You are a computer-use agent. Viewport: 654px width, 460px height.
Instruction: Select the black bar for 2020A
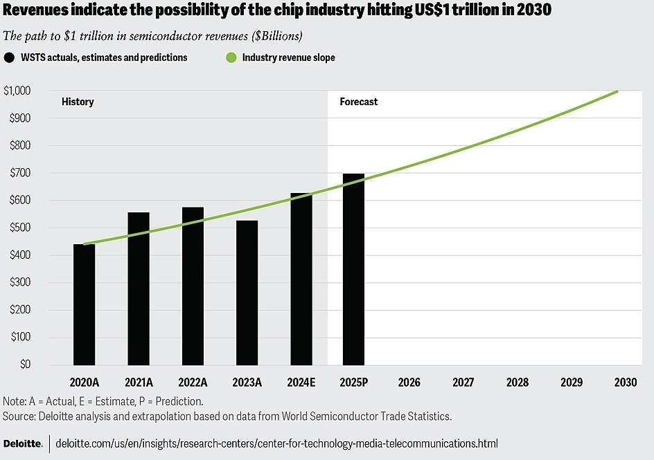[x=84, y=304]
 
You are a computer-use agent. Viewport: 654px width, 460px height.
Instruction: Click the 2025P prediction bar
[x=353, y=270]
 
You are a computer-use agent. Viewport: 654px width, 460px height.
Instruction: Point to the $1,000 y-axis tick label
[x=18, y=91]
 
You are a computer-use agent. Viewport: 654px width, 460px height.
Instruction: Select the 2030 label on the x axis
[x=626, y=382]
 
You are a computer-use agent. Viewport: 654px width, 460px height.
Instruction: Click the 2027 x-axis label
[x=463, y=382]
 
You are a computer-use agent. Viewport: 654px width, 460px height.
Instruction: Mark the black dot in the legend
[x=10, y=58]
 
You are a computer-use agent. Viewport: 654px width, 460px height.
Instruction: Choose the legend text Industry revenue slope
[x=288, y=58]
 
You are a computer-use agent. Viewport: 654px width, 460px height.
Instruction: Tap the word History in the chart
[x=78, y=102]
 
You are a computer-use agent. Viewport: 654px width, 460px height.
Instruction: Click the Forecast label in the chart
[x=359, y=102]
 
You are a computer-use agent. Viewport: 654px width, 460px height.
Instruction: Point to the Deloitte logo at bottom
[x=23, y=443]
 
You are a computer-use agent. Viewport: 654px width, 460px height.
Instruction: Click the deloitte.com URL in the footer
[x=276, y=443]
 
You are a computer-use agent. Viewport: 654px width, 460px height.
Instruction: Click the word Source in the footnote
[x=19, y=416]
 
